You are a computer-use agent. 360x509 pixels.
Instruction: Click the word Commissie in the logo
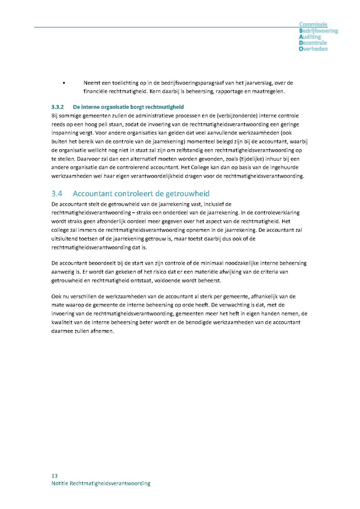pos(313,25)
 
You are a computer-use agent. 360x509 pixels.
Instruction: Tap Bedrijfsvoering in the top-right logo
pos(318,31)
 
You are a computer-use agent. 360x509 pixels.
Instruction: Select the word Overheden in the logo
pos(313,49)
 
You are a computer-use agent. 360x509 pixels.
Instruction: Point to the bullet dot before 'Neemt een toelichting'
pos(64,83)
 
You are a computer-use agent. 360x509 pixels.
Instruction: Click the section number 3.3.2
pos(58,107)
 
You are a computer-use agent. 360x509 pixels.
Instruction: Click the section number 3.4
pos(57,194)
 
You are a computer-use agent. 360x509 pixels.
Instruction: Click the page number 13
pos(54,476)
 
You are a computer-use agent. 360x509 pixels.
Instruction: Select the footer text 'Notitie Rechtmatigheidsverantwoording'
pos(101,483)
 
